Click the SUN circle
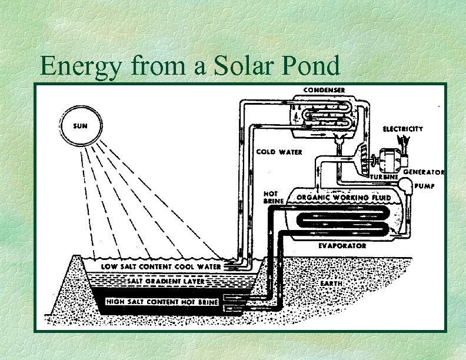pyautogui.click(x=81, y=126)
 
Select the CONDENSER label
pyautogui.click(x=324, y=89)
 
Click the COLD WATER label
pyautogui.click(x=279, y=152)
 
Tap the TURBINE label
pyautogui.click(x=385, y=176)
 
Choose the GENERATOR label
pyautogui.click(x=423, y=172)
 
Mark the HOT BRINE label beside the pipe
pyautogui.click(x=271, y=197)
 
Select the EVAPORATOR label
pyautogui.click(x=342, y=245)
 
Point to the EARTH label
pyautogui.click(x=331, y=283)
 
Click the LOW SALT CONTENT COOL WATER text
pyautogui.click(x=161, y=266)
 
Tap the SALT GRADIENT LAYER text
pyautogui.click(x=166, y=281)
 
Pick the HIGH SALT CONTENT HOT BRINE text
pyautogui.click(x=162, y=302)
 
